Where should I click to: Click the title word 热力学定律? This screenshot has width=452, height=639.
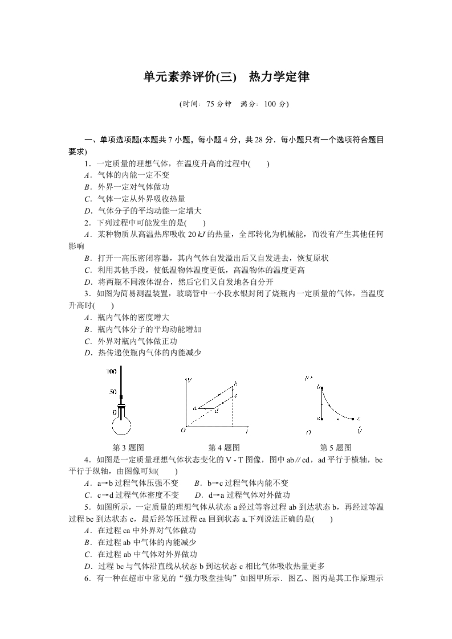pos(279,77)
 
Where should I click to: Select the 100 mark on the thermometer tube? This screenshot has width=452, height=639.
pos(111,371)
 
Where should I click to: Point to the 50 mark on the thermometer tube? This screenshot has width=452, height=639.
pos(112,392)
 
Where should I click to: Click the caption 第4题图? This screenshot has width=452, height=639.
pos(224,448)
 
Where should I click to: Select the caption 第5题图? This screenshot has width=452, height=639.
pos(336,448)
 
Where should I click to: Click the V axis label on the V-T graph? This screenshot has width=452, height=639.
pos(189,379)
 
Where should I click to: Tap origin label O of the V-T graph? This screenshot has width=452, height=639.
pos(183,429)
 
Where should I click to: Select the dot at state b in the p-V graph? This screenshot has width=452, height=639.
pos(322,388)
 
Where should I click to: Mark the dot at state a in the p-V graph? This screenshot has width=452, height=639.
pos(322,419)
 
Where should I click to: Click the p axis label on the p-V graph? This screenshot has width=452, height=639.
pos(308,377)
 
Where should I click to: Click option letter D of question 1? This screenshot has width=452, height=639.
pos(88,210)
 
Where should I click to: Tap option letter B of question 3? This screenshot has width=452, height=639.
pos(88,329)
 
